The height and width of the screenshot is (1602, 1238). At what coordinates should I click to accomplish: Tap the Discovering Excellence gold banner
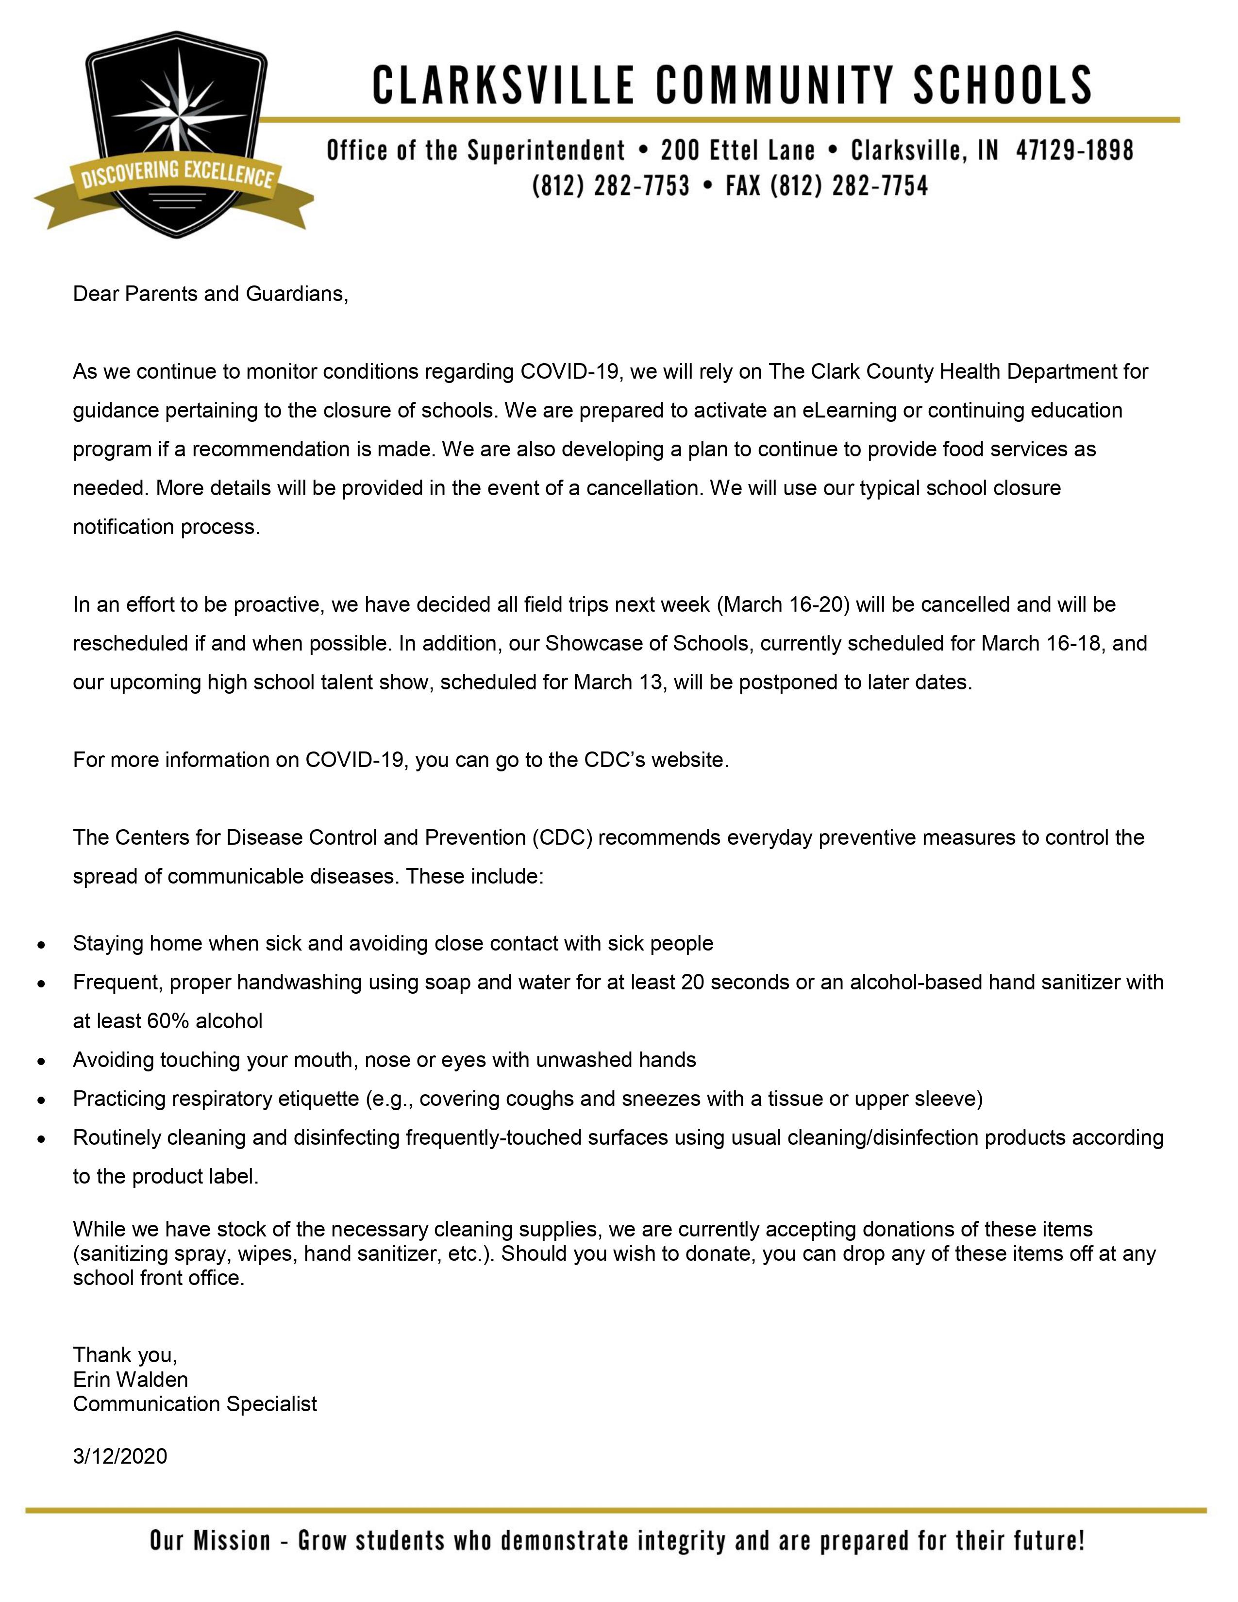(x=177, y=177)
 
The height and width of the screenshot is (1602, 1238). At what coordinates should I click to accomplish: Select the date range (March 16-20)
(x=783, y=604)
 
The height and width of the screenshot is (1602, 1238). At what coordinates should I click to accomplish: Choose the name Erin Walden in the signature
(x=131, y=1380)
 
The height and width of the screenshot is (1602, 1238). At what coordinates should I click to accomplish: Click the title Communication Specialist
(x=195, y=1404)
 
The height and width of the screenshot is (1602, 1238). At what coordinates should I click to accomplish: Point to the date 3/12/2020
(x=120, y=1456)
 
